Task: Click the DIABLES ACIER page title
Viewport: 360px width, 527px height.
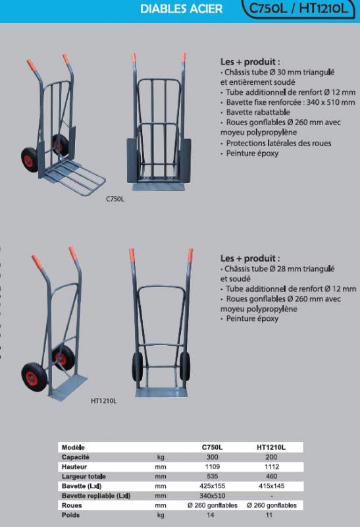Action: [182, 9]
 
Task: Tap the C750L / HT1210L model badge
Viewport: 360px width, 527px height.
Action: [298, 9]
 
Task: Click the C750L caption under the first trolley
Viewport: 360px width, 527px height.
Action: [115, 199]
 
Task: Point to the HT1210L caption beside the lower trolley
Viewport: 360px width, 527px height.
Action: [104, 401]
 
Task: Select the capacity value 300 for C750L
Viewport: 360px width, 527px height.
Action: [212, 457]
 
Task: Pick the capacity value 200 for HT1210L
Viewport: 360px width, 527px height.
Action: [271, 457]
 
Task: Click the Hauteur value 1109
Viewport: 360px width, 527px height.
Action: [212, 467]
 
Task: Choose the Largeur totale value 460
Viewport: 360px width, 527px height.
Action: [271, 476]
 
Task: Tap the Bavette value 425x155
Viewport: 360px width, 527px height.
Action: [212, 486]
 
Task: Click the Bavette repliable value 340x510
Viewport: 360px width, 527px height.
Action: [212, 496]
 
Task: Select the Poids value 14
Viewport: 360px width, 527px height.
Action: [210, 515]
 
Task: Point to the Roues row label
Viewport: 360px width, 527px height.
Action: [72, 505]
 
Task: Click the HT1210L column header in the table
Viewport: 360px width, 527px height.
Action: [271, 447]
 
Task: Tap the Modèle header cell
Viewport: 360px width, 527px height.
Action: [73, 447]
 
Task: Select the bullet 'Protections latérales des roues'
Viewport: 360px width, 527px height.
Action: [278, 143]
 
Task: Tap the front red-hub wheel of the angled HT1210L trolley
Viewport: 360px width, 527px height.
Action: [34, 377]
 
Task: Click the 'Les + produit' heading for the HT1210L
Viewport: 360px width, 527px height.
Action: [250, 258]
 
